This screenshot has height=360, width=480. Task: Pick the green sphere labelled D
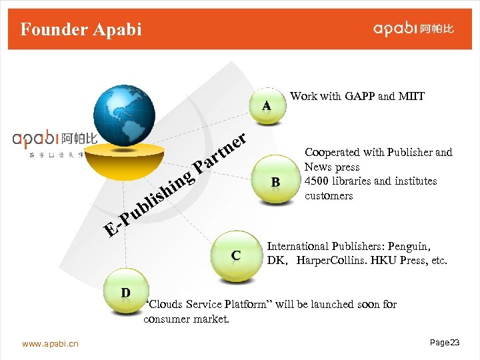coord(125,293)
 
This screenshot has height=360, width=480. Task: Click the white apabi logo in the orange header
coord(414,29)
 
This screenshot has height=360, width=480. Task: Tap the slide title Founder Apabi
coord(81,29)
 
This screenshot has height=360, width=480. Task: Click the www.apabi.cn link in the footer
coord(50,344)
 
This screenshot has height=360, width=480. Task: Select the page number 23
coord(455,342)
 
